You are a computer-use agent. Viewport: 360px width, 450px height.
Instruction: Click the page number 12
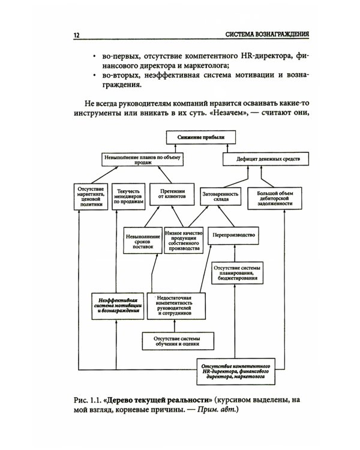point(76,35)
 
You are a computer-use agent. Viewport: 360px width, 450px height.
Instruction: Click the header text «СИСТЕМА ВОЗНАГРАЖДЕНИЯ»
point(267,34)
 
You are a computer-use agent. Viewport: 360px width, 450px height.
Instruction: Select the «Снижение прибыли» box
point(201,137)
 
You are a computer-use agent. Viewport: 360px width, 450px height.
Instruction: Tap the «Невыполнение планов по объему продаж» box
point(142,160)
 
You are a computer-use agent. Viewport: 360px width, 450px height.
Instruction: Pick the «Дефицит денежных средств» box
point(266,159)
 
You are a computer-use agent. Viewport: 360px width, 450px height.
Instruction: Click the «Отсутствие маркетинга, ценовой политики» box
point(91,197)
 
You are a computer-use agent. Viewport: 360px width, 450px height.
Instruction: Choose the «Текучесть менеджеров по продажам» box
point(128,196)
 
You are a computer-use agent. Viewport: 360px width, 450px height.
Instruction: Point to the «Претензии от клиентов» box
point(172,194)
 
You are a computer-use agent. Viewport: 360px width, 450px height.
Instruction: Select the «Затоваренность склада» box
point(220,196)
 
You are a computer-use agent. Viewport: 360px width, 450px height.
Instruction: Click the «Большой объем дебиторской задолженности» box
point(275,199)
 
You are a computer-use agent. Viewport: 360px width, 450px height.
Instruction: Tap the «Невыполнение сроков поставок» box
point(143,241)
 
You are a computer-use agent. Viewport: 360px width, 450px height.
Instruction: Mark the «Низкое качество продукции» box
point(184,241)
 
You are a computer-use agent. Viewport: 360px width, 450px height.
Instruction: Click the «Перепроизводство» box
point(233,236)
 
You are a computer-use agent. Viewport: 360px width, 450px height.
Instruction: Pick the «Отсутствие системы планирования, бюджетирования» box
point(238,273)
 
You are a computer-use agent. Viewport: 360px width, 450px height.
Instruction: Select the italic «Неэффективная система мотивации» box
point(118,306)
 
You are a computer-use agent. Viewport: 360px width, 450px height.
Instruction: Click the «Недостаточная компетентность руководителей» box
point(176,306)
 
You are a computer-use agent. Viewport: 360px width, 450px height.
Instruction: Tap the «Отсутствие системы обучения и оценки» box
point(178,341)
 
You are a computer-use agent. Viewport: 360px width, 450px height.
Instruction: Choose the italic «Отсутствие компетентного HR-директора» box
point(236,371)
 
